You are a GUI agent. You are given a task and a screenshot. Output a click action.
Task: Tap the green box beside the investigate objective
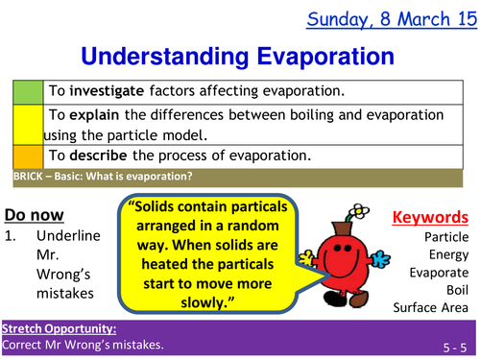point(27,92)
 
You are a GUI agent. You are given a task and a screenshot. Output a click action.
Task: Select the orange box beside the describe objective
point(27,156)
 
